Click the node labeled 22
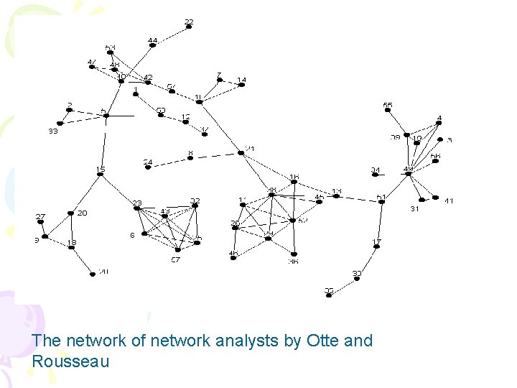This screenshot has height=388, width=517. [x=189, y=27]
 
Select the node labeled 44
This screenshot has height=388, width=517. [x=152, y=45]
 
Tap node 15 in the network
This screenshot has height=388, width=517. [x=101, y=175]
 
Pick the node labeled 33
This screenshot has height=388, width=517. [x=60, y=123]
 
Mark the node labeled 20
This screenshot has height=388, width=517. [x=71, y=213]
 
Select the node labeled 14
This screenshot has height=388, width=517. [x=241, y=85]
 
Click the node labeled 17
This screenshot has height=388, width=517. [x=376, y=246]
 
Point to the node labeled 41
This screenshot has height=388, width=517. [x=435, y=197]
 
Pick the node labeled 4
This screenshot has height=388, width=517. [x=439, y=122]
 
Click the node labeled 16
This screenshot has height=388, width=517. [x=294, y=181]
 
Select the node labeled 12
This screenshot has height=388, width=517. [x=185, y=121]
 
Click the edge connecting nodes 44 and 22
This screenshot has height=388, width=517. [x=171, y=36]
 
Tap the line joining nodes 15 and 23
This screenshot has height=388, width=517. [x=118, y=191]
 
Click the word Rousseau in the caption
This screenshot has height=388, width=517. [x=70, y=361]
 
